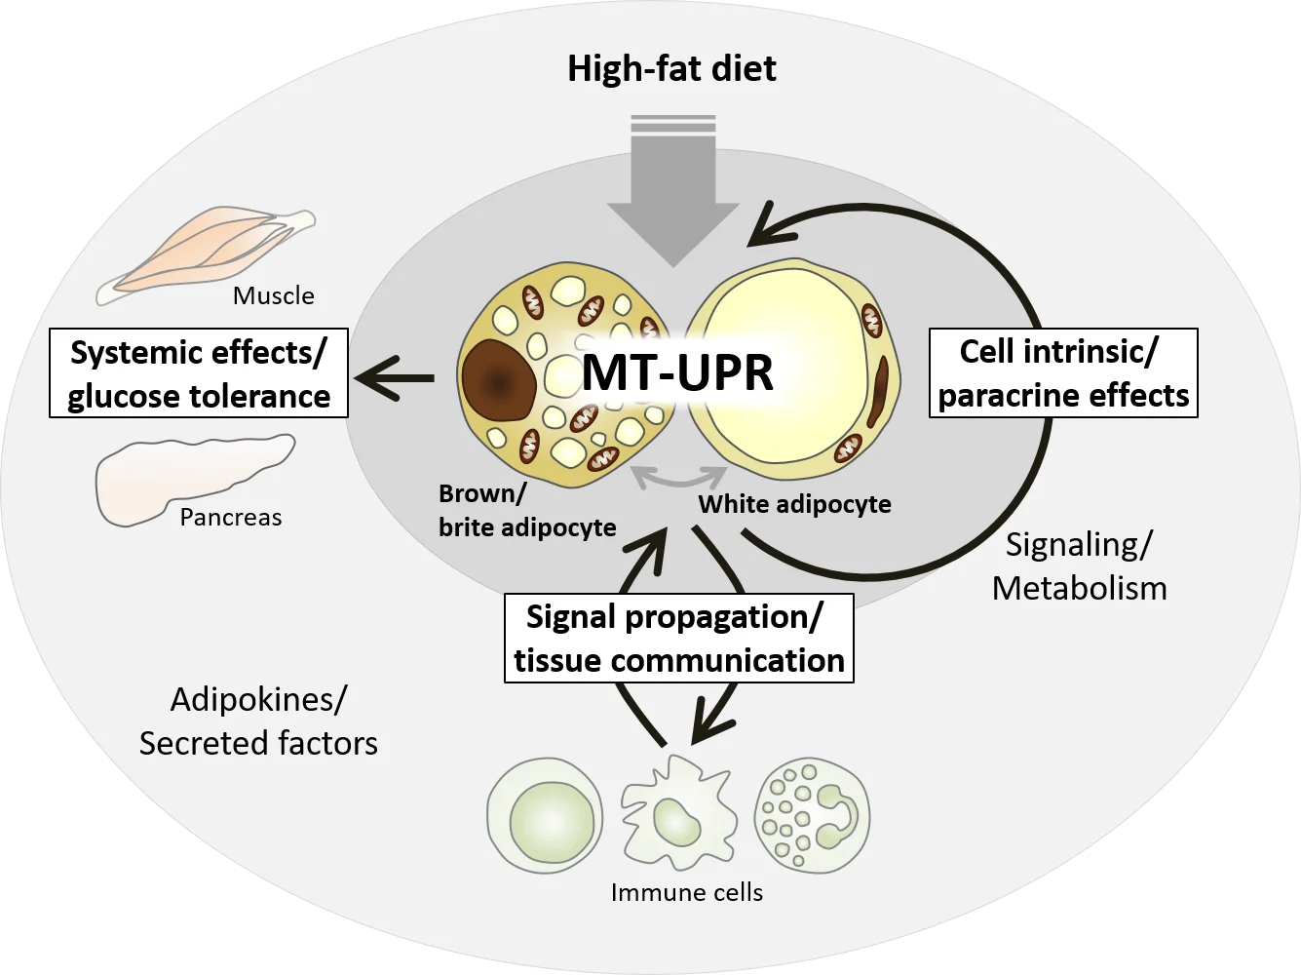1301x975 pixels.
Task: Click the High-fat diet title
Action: [671, 69]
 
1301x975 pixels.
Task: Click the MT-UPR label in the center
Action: [677, 373]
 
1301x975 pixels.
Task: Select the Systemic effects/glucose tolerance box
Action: [199, 374]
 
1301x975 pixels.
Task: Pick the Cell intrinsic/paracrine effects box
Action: [1062, 372]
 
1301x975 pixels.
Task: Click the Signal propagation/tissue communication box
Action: [678, 639]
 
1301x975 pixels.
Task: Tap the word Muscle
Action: [273, 295]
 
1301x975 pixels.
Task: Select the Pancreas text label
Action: [230, 517]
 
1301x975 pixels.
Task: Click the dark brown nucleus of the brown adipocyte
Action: [498, 378]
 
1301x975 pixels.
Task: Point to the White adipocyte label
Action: [794, 504]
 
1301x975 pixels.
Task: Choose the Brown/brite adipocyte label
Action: [526, 510]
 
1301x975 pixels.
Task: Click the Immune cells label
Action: [686, 891]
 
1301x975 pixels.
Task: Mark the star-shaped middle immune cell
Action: [671, 814]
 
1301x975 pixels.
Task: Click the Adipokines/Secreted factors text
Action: [258, 721]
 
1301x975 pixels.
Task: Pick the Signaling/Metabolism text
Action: [1079, 565]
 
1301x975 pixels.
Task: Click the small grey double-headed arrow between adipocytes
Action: [678, 476]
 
